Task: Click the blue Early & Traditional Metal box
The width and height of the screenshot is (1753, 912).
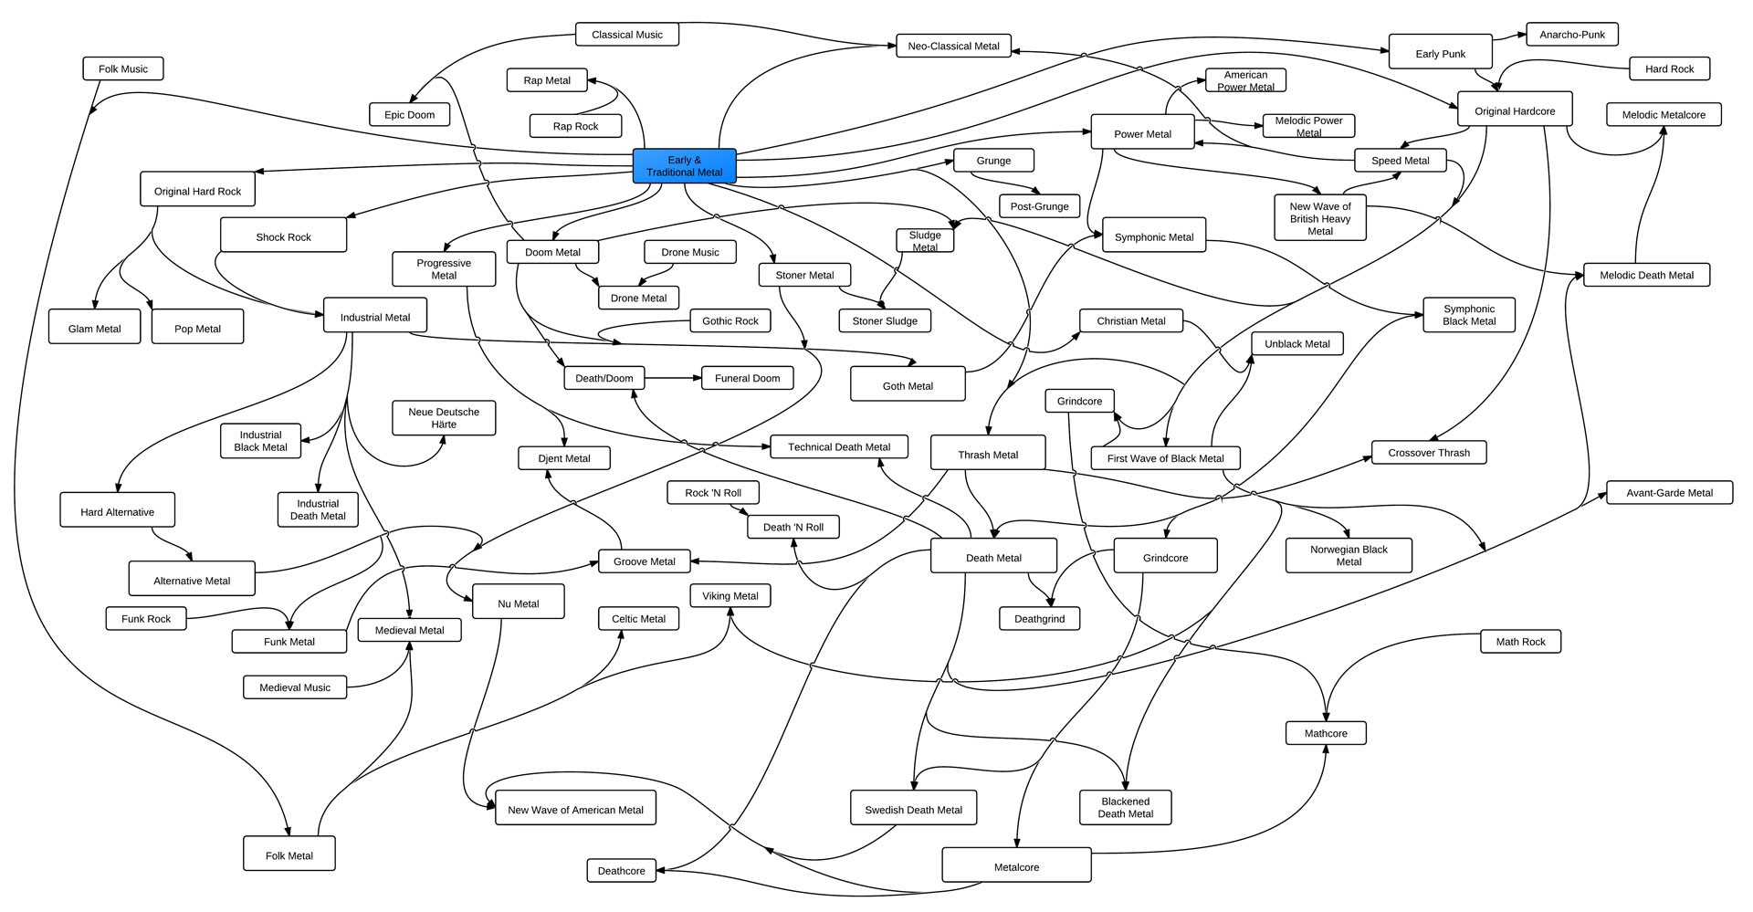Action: [x=684, y=166]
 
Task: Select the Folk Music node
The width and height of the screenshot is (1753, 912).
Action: [x=123, y=68]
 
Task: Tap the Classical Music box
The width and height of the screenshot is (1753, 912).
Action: [x=627, y=35]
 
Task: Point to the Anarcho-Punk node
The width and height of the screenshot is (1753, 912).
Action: [x=1571, y=35]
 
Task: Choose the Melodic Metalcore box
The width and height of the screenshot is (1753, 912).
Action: [x=1664, y=115]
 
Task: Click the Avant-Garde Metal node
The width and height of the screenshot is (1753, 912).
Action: [x=1669, y=493]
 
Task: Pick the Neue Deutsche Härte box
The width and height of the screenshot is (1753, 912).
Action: [x=444, y=418]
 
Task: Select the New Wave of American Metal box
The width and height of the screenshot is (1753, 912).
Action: [x=575, y=809]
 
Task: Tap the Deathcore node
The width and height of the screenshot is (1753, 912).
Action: [x=621, y=871]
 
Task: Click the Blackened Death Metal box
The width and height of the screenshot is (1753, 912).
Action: [x=1125, y=808]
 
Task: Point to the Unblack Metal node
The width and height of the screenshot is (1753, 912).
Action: [x=1296, y=344]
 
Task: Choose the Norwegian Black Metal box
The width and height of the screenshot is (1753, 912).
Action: [x=1349, y=555]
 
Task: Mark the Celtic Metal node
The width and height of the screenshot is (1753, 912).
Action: [x=638, y=619]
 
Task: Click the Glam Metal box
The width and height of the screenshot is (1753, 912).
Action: [x=95, y=329]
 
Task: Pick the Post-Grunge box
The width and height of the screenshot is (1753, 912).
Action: [x=1039, y=206]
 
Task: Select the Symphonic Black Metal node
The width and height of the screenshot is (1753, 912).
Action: [x=1469, y=315]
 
